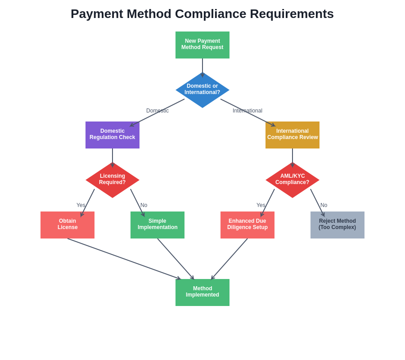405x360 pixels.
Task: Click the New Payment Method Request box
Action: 202,45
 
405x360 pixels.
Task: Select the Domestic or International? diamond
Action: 202,90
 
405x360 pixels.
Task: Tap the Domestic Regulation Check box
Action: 112,135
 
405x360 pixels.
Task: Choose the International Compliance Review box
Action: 292,135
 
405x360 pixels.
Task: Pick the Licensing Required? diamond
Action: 112,180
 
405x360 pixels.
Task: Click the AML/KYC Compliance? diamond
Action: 292,180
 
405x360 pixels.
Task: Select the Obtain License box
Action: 67,225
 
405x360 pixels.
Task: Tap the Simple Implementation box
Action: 157,225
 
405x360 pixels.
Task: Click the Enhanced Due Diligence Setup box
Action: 247,225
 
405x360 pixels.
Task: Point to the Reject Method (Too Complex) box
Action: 337,225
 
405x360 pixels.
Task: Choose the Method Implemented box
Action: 202,292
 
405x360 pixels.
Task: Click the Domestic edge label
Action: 157,111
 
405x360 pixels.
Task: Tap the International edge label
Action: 247,111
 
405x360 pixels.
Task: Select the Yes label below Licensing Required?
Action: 81,205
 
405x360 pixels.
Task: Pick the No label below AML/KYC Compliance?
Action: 324,205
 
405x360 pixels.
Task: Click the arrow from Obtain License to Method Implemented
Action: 124,259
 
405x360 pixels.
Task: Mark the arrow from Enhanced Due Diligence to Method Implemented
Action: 229,259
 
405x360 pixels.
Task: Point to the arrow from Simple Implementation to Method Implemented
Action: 175,259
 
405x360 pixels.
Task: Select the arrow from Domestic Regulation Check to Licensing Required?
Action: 112,157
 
